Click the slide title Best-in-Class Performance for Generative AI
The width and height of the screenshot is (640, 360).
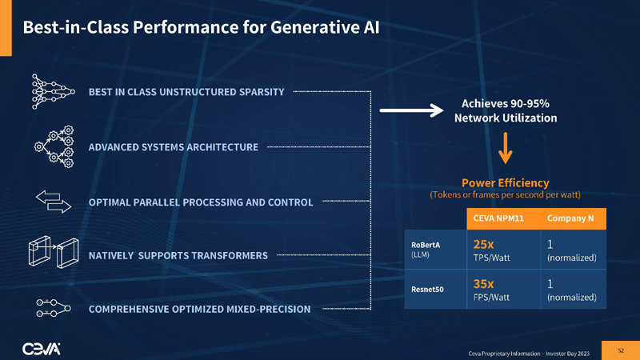201,27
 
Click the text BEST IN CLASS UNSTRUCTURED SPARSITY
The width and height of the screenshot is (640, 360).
186,92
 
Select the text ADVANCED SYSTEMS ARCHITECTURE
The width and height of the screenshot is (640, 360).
174,147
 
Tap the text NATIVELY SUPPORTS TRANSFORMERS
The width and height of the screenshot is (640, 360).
178,256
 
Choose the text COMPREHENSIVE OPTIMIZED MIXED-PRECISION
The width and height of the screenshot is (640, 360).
199,309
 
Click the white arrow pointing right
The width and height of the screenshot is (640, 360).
410,111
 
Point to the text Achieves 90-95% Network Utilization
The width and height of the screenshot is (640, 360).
506,110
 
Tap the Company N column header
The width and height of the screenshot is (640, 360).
570,218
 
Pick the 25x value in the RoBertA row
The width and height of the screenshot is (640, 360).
484,244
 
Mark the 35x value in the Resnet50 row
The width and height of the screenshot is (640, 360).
484,283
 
